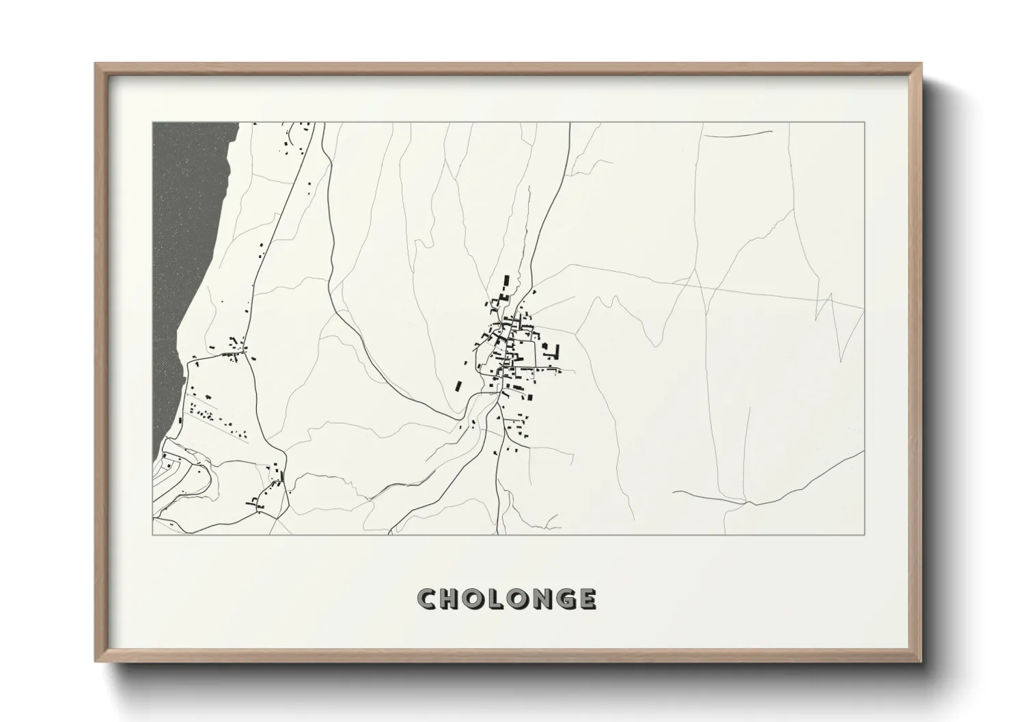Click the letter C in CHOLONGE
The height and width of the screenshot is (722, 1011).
(x=428, y=599)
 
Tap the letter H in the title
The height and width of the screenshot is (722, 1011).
(x=452, y=599)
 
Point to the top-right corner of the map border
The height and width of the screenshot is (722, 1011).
(x=865, y=122)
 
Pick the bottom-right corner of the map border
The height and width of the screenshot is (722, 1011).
(x=865, y=534)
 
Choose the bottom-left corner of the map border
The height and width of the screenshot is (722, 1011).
(x=152, y=534)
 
